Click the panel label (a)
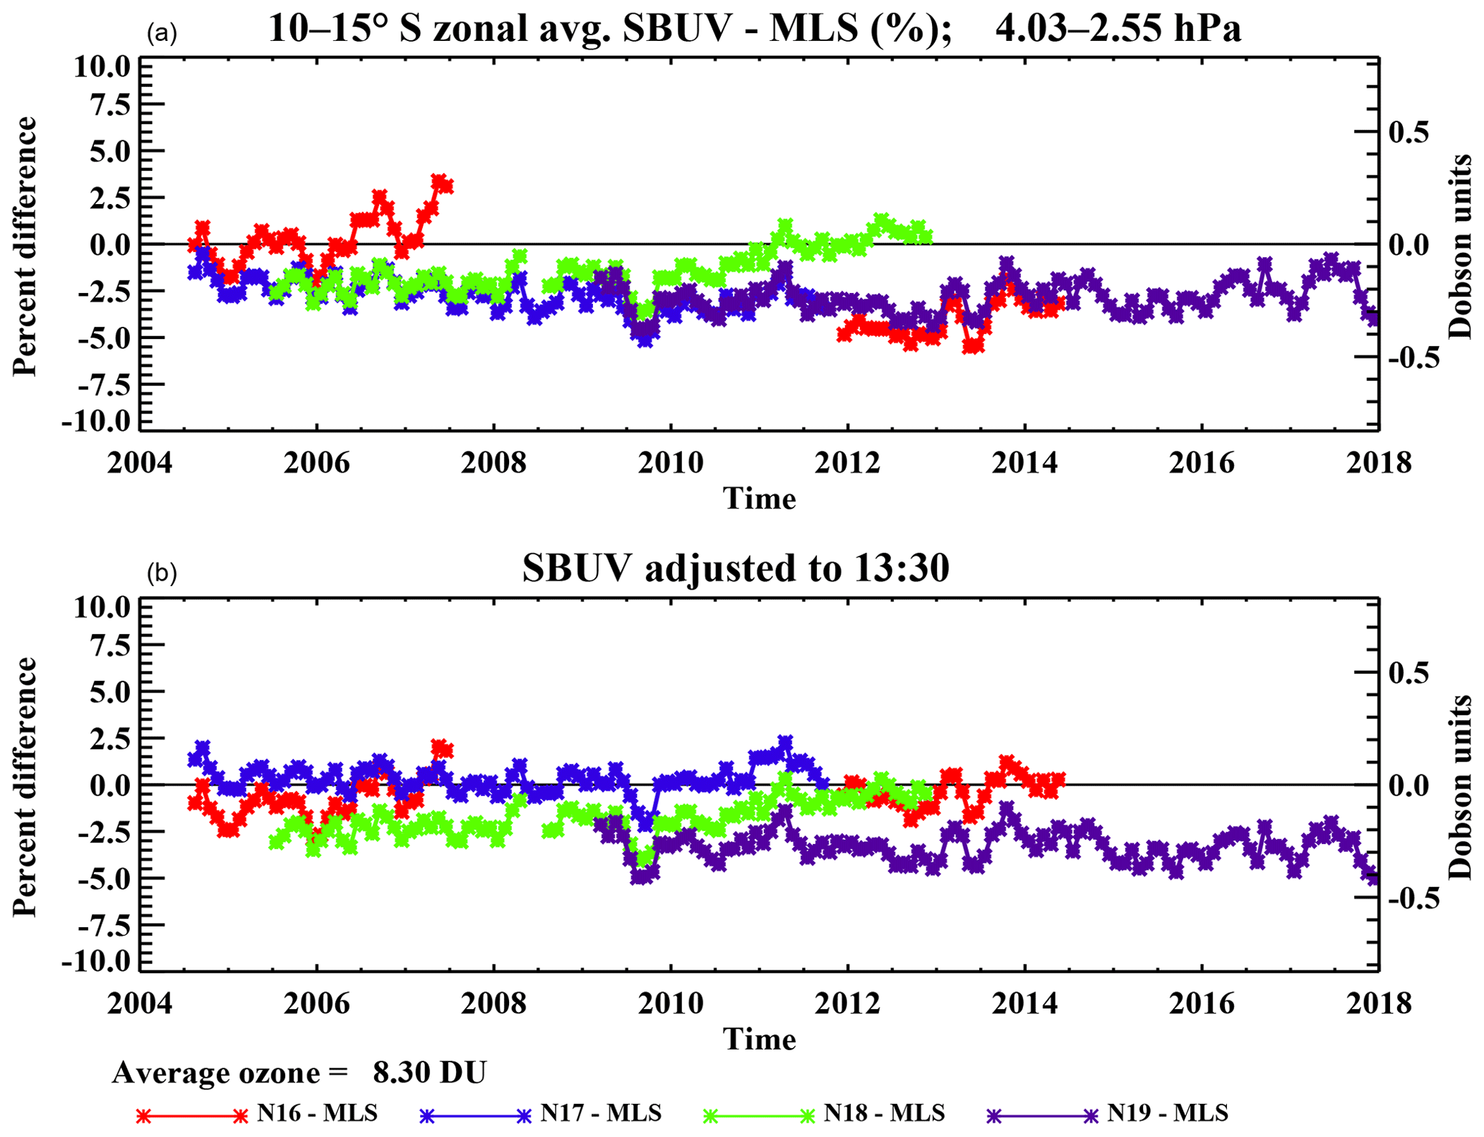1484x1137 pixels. point(162,33)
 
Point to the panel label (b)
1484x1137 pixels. point(162,572)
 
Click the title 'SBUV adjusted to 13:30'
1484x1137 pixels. point(735,568)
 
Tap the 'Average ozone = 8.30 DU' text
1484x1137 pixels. point(299,1072)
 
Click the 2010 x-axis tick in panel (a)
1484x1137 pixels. point(671,463)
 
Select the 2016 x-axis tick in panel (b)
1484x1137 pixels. point(1202,1004)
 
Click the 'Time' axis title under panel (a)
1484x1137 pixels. point(759,498)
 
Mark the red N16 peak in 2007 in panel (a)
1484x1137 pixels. point(441,181)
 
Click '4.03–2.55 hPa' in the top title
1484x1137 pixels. point(1118,29)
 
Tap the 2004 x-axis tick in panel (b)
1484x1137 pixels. point(140,1004)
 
